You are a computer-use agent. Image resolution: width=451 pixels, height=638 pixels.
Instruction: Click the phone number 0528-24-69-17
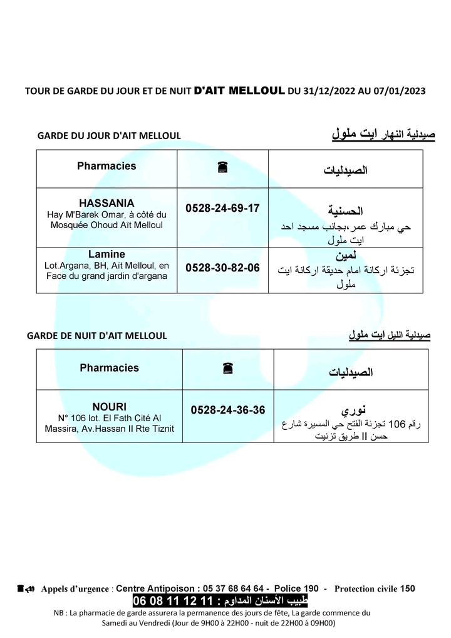tap(222, 207)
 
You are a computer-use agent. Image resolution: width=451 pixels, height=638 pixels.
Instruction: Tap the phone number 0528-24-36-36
tap(228, 410)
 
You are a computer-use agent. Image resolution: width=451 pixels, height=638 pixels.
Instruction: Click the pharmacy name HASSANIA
tap(106, 203)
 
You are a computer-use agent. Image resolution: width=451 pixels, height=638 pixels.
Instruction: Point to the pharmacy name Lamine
tap(106, 254)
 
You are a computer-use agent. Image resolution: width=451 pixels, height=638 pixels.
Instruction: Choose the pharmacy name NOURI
tap(110, 406)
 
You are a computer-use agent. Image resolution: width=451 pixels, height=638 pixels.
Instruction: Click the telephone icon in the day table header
tap(222, 167)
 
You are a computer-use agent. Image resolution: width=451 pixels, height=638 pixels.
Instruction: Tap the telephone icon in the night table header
tap(227, 369)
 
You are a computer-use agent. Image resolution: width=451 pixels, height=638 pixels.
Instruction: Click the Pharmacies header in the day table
tap(106, 166)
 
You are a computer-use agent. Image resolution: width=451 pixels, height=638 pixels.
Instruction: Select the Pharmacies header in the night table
tap(110, 368)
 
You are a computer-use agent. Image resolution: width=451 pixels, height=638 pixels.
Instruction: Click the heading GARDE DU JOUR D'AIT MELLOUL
tap(109, 135)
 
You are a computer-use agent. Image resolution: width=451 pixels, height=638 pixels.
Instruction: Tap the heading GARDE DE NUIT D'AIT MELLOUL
tap(97, 335)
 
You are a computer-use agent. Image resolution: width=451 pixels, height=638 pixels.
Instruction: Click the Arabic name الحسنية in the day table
tap(346, 211)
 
